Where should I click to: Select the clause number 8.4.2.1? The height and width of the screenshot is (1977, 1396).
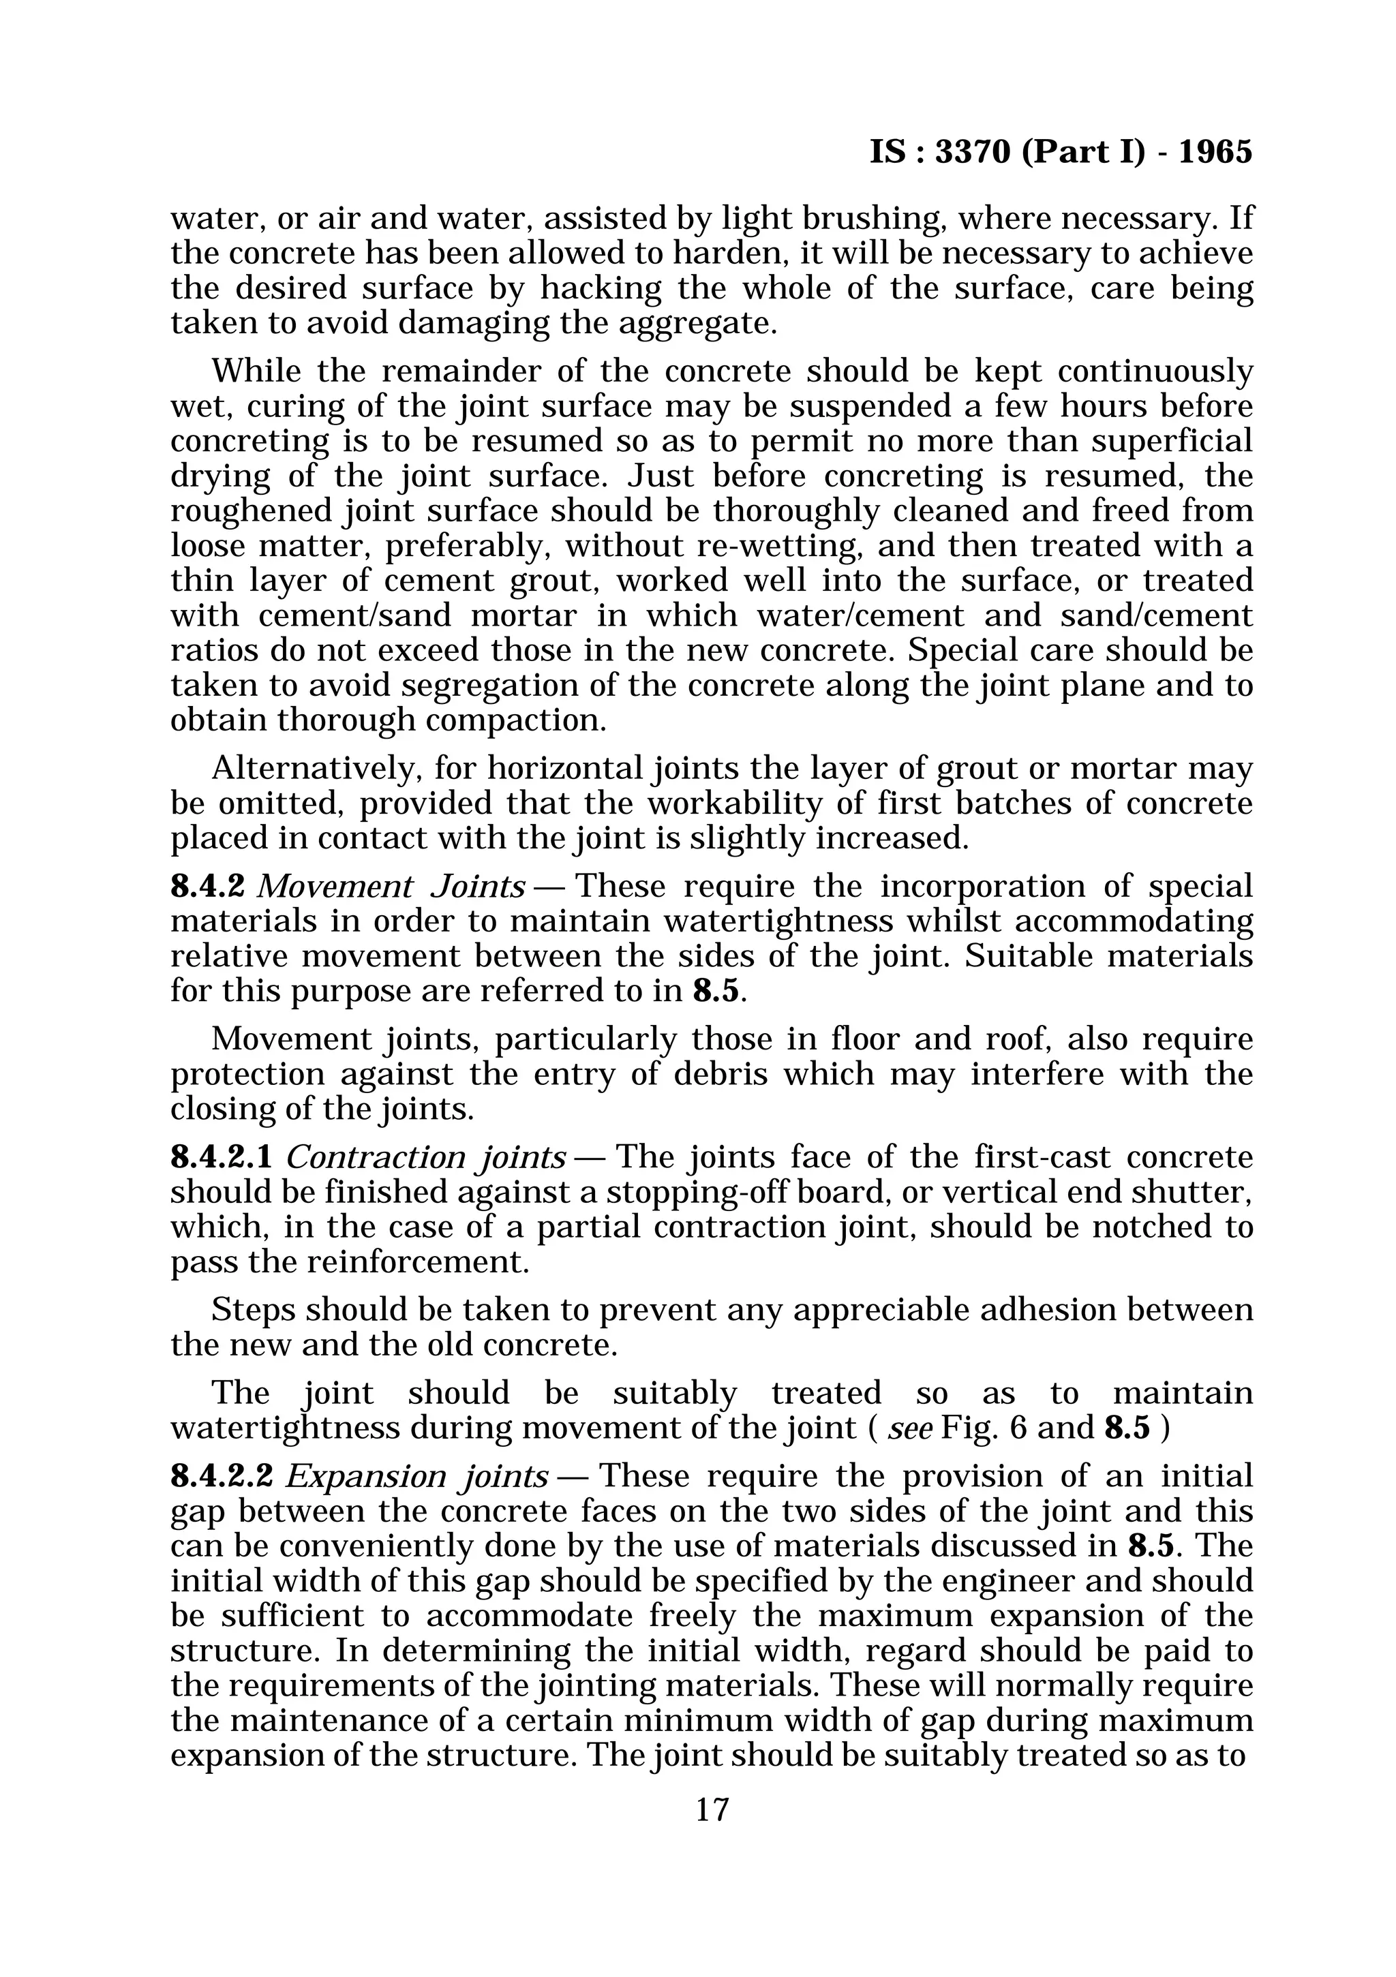pyautogui.click(x=222, y=1156)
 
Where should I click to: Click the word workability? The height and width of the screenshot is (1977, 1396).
pyautogui.click(x=729, y=803)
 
